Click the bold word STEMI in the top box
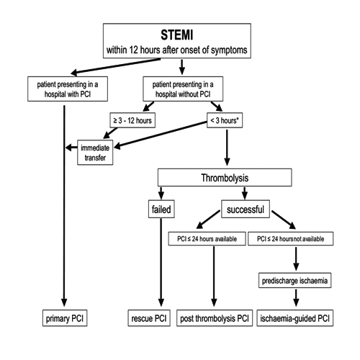177,35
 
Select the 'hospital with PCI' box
68,89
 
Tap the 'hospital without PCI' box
183,89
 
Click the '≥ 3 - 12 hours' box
132,120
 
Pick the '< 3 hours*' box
225,120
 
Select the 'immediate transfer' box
95,153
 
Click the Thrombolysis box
225,178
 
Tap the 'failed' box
161,209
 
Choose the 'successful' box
246,209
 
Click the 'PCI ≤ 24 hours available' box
207,238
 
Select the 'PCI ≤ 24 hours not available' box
290,238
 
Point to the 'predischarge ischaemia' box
294,280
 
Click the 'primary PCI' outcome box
65,318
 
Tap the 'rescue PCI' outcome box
149,318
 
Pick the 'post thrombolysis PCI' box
215,318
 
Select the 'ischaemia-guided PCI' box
295,318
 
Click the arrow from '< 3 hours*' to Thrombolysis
227,148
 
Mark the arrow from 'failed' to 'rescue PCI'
161,262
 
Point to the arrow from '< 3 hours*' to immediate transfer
161,135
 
